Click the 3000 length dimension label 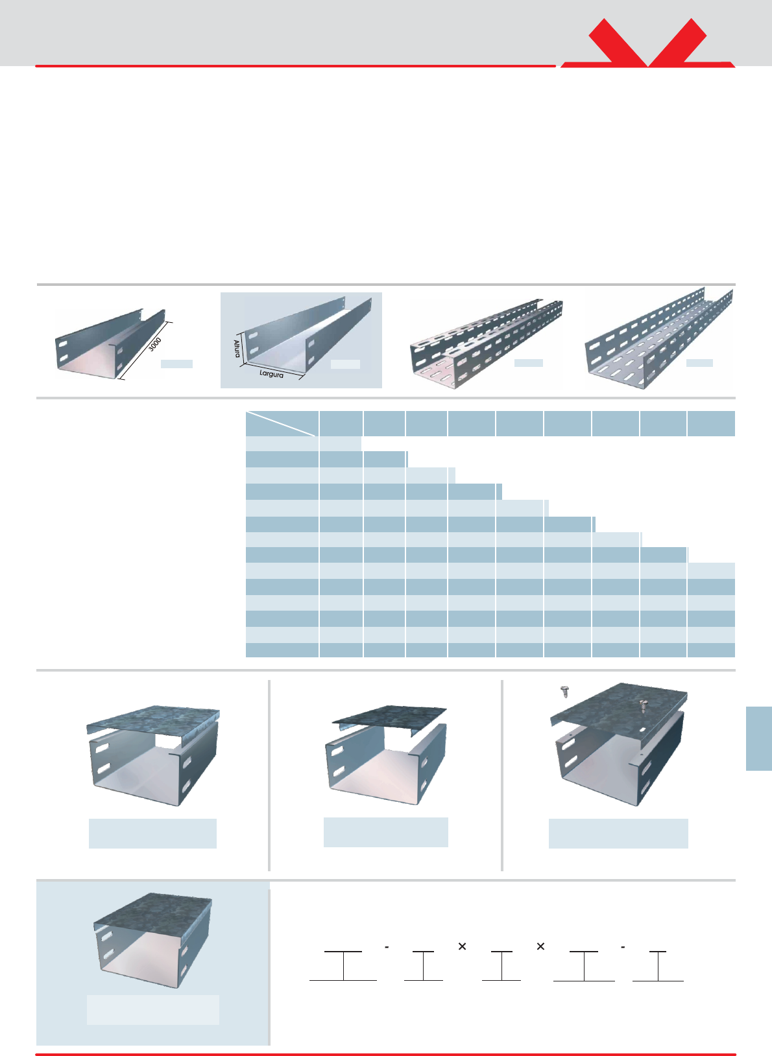[x=155, y=344]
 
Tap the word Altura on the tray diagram [x=237, y=348]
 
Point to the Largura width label [x=271, y=374]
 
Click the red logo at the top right [x=647, y=44]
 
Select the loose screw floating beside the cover [x=564, y=692]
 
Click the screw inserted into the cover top [x=642, y=705]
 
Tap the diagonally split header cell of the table [x=282, y=423]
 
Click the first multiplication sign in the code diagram [x=462, y=946]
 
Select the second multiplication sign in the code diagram [x=540, y=946]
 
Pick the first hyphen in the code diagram [x=387, y=947]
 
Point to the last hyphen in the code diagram [x=623, y=947]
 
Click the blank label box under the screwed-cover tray [x=618, y=834]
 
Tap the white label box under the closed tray [x=153, y=1009]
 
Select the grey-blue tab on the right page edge [x=758, y=738]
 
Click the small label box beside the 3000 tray [x=176, y=364]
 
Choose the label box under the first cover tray [x=152, y=834]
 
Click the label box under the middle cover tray [x=386, y=832]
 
